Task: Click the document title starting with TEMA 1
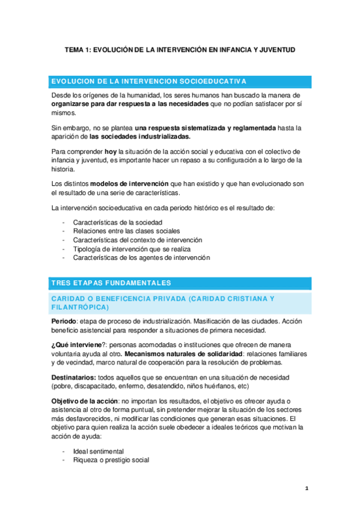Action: pos(180,51)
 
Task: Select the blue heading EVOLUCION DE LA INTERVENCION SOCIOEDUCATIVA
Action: pos(149,81)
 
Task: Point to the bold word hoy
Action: pos(111,152)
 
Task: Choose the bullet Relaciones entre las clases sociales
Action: pos(126,231)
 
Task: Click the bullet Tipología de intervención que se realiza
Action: pos(132,248)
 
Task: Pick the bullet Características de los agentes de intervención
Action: pos(141,257)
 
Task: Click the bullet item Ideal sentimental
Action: pos(98,451)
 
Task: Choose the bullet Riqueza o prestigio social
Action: pos(111,459)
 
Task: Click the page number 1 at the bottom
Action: pos(307,488)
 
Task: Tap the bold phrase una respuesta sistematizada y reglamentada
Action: pos(206,128)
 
